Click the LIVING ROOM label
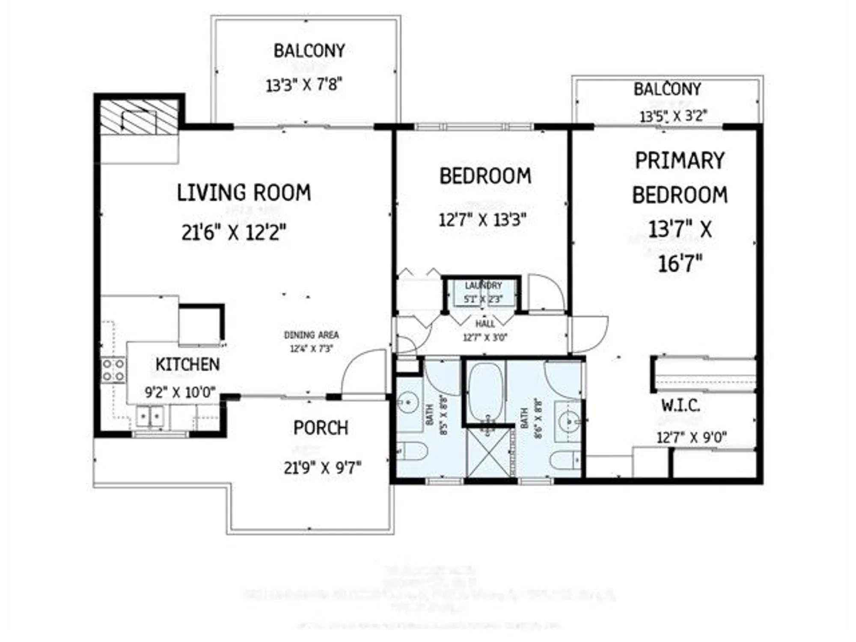coord(244,193)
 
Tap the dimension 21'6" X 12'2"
coord(234,233)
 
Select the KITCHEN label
coord(187,365)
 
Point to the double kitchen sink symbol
coord(150,416)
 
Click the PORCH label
coord(321,428)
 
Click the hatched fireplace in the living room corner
coord(139,118)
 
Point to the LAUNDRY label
coord(483,285)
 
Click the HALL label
coord(485,324)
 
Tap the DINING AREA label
coord(311,335)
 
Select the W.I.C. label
coord(681,405)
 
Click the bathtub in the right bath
coord(485,392)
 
